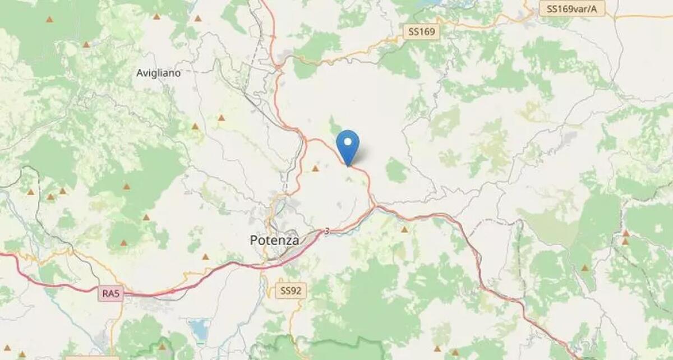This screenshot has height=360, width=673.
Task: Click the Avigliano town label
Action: pos(159,73)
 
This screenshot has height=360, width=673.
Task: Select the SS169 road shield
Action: pos(422,33)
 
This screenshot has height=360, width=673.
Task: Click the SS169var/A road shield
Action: pos(572,8)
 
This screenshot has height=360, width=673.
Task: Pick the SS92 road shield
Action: pos(292,290)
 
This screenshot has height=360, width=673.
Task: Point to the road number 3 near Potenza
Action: pos(327,231)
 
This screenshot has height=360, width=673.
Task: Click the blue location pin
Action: pos(348,145)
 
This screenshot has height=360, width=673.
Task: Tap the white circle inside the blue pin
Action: pos(348,141)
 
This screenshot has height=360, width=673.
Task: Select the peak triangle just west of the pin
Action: pos(315,168)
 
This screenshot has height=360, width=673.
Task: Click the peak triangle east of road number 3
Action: pos(404,229)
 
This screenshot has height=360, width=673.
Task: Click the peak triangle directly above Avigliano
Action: pos(156,16)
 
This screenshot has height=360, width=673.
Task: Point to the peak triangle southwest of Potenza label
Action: pos(205,257)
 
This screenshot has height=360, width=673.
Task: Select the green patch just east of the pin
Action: pos(396,170)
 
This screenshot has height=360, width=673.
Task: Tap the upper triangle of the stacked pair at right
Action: pos(625,233)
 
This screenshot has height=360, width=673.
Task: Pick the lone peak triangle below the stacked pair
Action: pos(585,268)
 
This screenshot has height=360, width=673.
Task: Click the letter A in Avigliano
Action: pos(140,73)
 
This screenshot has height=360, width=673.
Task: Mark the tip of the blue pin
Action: pos(348,166)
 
